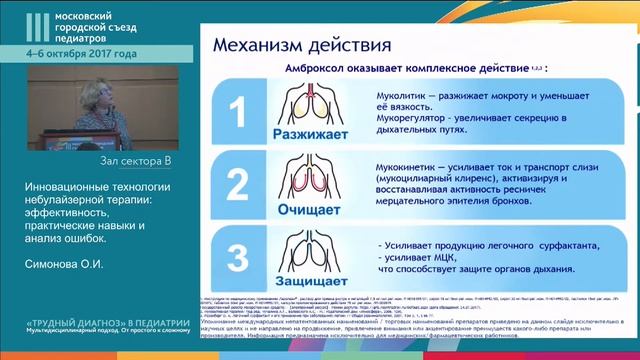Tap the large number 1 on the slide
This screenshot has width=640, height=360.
tap(236, 113)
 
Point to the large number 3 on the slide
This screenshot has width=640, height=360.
tap(236, 258)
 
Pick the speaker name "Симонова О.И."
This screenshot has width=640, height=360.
tap(67, 265)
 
